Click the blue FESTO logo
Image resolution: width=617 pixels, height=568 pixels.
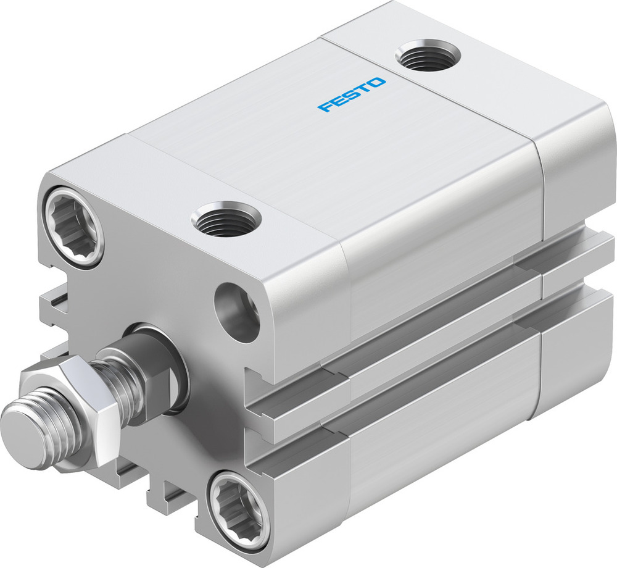coord(352,94)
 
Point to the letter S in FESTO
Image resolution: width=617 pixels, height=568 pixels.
coord(352,94)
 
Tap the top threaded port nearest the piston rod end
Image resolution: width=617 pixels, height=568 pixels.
coord(226,219)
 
